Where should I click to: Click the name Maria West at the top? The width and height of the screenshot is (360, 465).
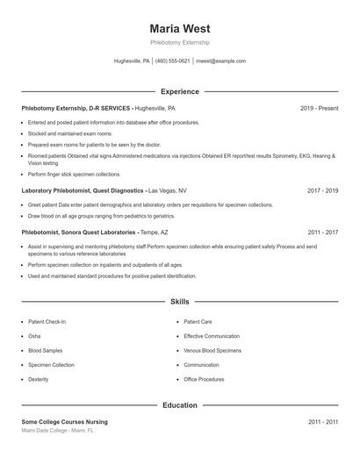pos(179,28)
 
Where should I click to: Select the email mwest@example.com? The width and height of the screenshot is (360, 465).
pos(220,61)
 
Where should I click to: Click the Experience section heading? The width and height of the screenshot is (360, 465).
pos(179,91)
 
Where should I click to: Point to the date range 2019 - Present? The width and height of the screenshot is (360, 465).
pos(319,108)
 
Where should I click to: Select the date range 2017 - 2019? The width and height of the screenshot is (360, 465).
pos(322,190)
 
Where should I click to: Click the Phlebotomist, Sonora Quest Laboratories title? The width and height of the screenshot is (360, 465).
pos(78,232)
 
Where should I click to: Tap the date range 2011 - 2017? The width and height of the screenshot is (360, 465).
pos(322,232)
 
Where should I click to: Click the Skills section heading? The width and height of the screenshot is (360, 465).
pos(179,301)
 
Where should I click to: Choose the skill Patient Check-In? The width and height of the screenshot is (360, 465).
pos(47,322)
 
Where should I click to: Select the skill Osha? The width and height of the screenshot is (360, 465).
pos(34,336)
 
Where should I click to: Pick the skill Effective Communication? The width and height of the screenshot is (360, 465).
pos(212,336)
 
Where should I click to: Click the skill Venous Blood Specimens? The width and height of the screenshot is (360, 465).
pos(212,350)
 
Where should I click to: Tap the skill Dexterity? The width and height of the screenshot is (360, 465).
pos(39,379)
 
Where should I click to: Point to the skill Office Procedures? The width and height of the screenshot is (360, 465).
pos(204,379)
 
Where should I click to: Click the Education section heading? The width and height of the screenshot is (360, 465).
pos(179,405)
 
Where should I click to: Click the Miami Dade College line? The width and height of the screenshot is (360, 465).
pos(57,431)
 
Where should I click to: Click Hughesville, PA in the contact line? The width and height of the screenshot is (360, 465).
pos(132,61)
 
